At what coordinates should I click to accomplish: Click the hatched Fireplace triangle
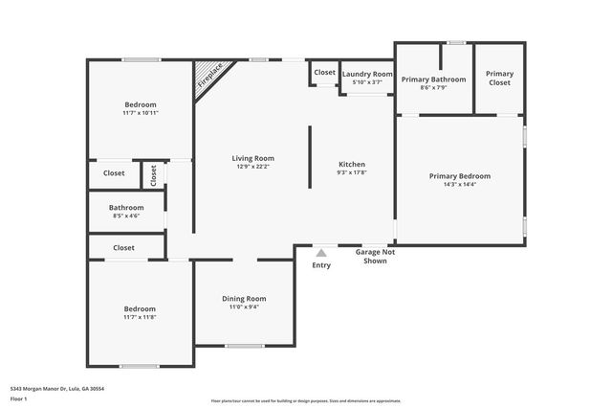click(x=206, y=77)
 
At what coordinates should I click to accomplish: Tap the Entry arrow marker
click(x=321, y=253)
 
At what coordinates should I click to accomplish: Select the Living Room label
click(x=252, y=158)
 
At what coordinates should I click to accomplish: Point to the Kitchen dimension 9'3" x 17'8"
click(x=352, y=173)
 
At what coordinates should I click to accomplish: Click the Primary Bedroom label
click(x=460, y=176)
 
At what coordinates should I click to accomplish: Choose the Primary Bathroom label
click(x=433, y=80)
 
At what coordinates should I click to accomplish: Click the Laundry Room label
click(x=367, y=74)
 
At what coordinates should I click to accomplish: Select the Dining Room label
click(x=244, y=298)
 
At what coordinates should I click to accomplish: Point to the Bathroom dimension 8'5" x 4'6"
click(x=126, y=216)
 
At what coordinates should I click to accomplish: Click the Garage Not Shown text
click(x=374, y=256)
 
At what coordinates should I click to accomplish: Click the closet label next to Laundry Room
click(x=324, y=73)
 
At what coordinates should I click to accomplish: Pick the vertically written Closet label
click(x=153, y=174)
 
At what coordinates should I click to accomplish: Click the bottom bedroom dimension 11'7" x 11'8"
click(x=140, y=317)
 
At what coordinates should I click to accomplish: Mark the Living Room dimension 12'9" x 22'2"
click(x=252, y=167)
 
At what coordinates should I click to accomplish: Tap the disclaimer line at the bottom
click(x=305, y=400)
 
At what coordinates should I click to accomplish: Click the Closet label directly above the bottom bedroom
click(x=123, y=248)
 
